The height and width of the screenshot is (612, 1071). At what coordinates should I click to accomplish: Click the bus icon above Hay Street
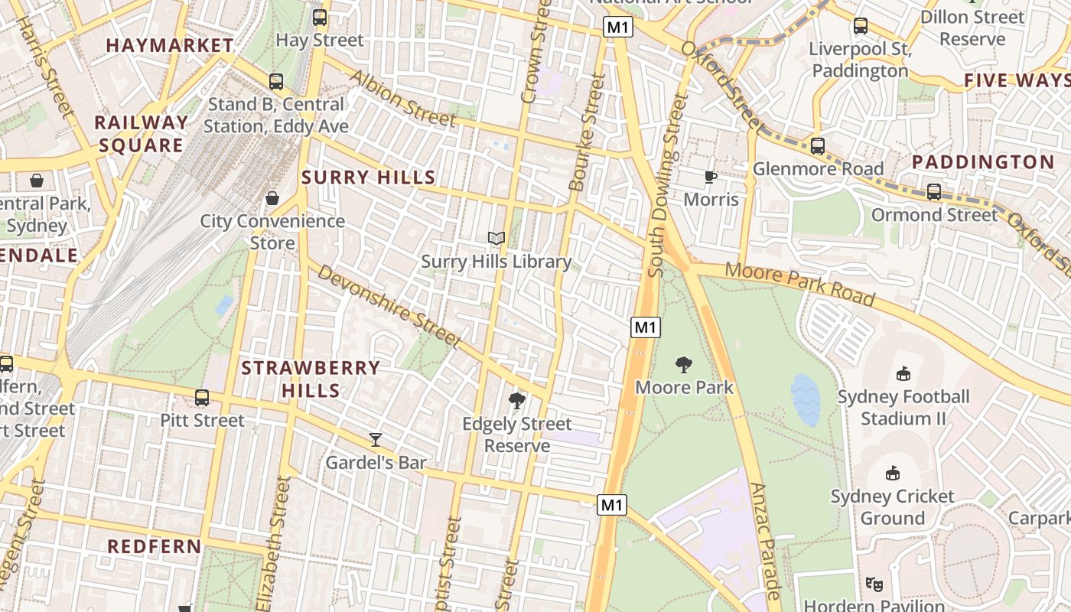click(320, 17)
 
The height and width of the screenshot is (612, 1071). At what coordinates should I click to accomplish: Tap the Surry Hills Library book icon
click(496, 239)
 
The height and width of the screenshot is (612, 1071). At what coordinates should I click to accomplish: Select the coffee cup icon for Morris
click(711, 177)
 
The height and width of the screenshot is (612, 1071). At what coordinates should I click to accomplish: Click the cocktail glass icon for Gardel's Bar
click(376, 439)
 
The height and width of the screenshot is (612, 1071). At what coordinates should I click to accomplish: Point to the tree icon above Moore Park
click(684, 365)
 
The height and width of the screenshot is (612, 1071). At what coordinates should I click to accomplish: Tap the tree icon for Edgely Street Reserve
click(517, 400)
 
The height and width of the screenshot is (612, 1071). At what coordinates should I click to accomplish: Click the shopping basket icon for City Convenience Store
click(272, 198)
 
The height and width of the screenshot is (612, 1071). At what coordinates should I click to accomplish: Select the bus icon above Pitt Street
click(202, 397)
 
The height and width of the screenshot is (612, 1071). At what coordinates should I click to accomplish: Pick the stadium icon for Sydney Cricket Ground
click(892, 473)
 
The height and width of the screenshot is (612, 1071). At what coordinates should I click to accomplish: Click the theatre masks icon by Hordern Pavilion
click(874, 584)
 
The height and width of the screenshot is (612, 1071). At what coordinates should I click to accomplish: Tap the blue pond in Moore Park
click(806, 399)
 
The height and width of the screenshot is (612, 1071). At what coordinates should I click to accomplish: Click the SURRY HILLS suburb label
click(369, 177)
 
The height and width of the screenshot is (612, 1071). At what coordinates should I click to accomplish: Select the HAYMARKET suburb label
click(170, 45)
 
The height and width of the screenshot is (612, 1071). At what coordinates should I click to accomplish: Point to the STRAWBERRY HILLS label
click(311, 379)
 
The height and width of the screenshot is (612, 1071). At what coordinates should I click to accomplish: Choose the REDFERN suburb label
click(155, 546)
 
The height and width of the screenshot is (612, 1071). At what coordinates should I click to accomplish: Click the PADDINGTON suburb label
click(983, 162)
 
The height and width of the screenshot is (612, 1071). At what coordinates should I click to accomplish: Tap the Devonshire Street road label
click(389, 306)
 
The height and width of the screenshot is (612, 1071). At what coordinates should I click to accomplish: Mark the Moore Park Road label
click(799, 283)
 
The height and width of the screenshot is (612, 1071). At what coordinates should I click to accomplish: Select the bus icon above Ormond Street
click(934, 191)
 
